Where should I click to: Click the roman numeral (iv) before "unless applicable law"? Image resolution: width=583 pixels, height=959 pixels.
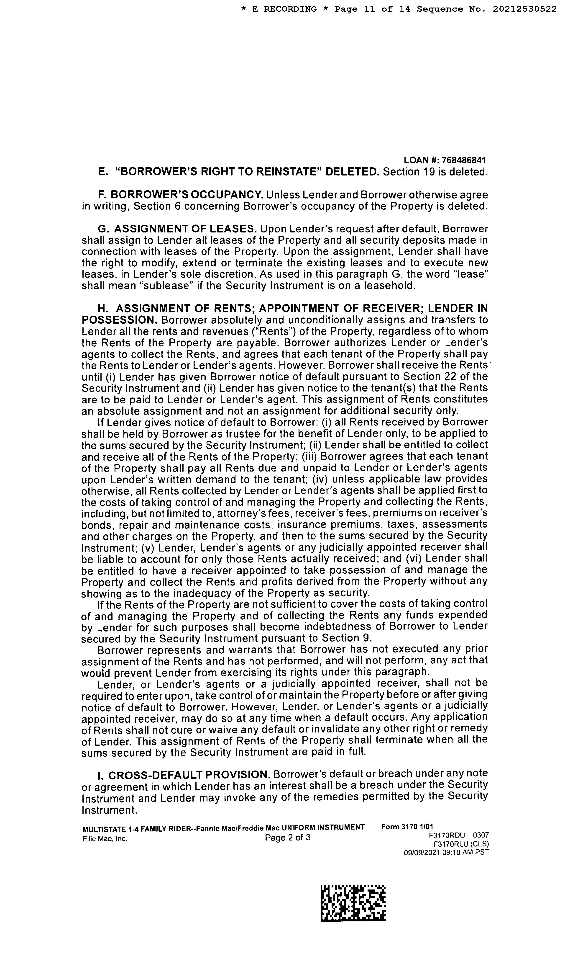[320, 479]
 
